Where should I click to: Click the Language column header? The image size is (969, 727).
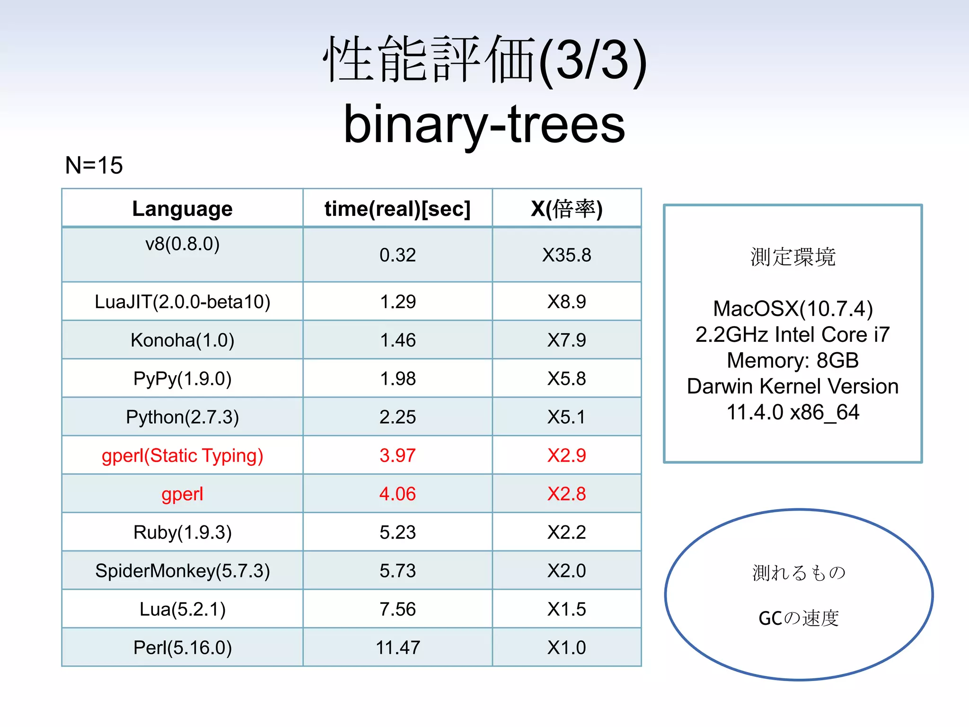coord(182,209)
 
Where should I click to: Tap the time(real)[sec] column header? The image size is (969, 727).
coord(397,209)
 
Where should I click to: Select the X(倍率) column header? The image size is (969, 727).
coord(566,209)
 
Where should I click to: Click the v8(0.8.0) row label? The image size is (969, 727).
coord(182,244)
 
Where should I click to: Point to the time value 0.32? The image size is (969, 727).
coord(397,255)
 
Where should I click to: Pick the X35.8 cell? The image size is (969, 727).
coord(566,255)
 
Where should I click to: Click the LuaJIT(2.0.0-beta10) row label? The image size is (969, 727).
coord(182,301)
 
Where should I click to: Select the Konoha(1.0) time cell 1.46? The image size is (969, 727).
coord(397,340)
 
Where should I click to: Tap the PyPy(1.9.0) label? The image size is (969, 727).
coord(182,379)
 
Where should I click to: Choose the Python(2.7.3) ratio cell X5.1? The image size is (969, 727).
coord(566,417)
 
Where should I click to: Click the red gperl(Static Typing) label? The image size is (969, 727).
coord(182,455)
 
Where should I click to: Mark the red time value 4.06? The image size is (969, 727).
coord(397,494)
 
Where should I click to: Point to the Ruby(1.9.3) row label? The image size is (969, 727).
coord(182,532)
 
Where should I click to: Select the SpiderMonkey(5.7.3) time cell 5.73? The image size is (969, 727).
coord(397,571)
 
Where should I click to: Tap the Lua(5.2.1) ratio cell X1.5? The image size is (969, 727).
coord(566,609)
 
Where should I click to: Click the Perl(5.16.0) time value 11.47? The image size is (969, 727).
coord(397,647)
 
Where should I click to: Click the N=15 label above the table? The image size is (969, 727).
coord(94,165)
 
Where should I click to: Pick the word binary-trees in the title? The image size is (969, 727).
coord(484,124)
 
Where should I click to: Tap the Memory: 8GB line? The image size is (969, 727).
coord(793,360)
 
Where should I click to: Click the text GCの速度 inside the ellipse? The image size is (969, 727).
coord(798,618)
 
